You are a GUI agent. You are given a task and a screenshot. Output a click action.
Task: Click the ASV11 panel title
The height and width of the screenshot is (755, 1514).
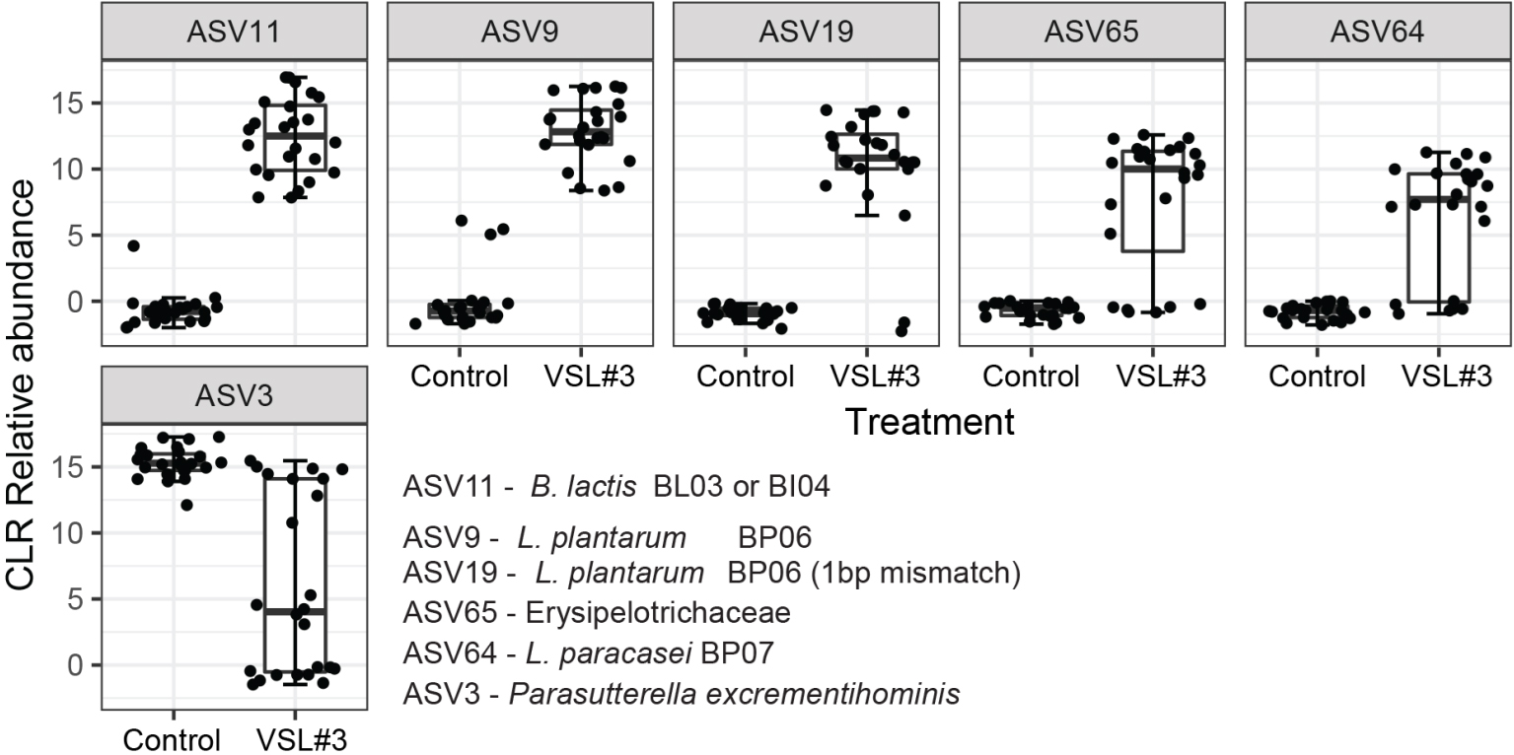pos(234,32)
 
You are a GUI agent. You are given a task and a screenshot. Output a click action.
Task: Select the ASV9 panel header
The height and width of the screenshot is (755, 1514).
pos(520,32)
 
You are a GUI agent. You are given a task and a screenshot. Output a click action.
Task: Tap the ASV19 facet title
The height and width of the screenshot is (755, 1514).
pos(806,32)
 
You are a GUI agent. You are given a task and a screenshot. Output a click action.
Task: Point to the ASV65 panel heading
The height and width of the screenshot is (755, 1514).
pos(1092,32)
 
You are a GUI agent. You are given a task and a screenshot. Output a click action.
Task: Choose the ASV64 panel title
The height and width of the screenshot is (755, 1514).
pos(1378,32)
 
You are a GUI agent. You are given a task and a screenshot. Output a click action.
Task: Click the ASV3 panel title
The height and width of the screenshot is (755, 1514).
pos(234,395)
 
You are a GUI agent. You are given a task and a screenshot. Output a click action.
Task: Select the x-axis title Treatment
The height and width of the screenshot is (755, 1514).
pos(929,423)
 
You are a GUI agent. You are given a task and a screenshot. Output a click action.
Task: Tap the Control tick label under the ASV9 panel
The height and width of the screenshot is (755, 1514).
pos(460,377)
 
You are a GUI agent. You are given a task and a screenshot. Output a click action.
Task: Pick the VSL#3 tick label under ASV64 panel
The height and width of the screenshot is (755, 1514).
pos(1446,377)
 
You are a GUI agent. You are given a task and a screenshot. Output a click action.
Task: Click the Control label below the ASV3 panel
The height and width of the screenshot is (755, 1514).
pos(173,740)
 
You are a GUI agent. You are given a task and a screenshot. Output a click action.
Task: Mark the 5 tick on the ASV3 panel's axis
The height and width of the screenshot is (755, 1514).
pos(75,599)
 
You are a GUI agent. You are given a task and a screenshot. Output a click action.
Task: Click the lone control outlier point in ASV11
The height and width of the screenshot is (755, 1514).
pos(134,245)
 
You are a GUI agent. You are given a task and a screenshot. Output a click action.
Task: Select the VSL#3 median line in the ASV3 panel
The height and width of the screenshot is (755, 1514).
pos(295,612)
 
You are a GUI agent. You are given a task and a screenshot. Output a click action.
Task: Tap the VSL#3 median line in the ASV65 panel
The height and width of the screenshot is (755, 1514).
pos(1153,169)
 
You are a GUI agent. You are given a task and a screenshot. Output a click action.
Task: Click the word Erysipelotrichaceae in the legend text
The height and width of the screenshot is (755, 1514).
pos(658,613)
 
